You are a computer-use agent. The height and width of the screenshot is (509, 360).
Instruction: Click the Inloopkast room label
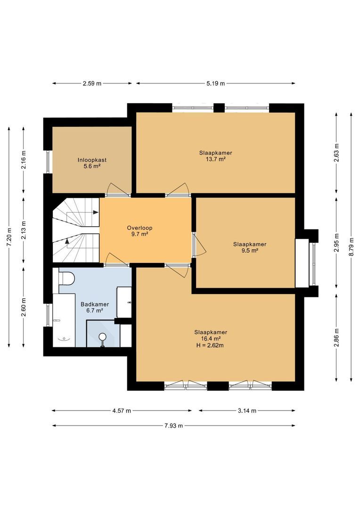[x=92, y=160]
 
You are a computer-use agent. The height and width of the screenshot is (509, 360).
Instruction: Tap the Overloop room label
[x=139, y=228]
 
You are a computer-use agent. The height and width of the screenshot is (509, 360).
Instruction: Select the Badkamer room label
[x=95, y=304]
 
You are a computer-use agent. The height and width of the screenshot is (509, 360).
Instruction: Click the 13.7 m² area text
[x=215, y=159]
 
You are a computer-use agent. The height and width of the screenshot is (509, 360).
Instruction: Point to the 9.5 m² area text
[x=249, y=251]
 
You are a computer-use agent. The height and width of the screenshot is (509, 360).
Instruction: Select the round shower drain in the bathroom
[x=102, y=337]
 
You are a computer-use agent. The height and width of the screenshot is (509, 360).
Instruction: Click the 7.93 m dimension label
[x=174, y=426]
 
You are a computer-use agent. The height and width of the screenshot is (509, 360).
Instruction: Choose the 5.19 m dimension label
[x=216, y=83]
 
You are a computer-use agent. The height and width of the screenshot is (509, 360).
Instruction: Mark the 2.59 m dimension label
[x=92, y=83]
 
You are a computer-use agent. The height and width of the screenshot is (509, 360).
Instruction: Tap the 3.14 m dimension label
[x=247, y=410]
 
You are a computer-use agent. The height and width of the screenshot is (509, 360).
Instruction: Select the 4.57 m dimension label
[x=122, y=410]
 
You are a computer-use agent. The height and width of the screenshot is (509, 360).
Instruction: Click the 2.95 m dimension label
[x=336, y=243]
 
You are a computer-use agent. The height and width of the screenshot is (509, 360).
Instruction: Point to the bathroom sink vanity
[x=126, y=302]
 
